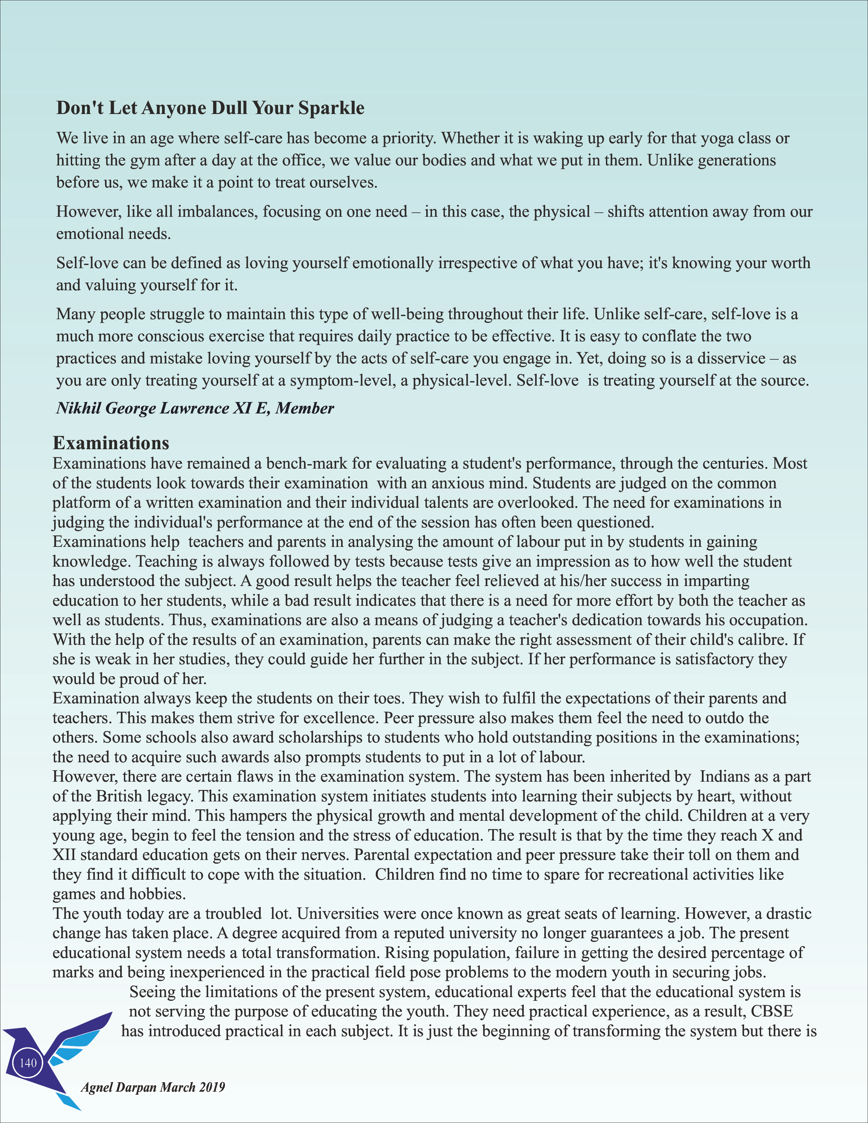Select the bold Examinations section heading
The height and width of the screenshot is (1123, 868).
coord(111,443)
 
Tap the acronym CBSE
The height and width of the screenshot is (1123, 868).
coord(772,1011)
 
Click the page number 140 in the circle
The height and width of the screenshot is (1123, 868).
coord(28,1063)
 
